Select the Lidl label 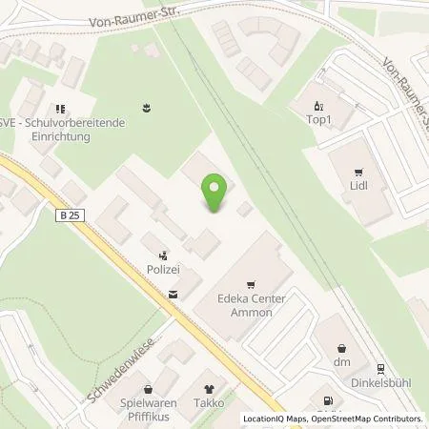(x=358, y=187)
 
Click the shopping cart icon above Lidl (x=358, y=173)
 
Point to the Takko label (x=211, y=404)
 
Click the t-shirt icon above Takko (x=211, y=390)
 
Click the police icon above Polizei (x=164, y=255)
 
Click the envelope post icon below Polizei (x=173, y=296)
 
